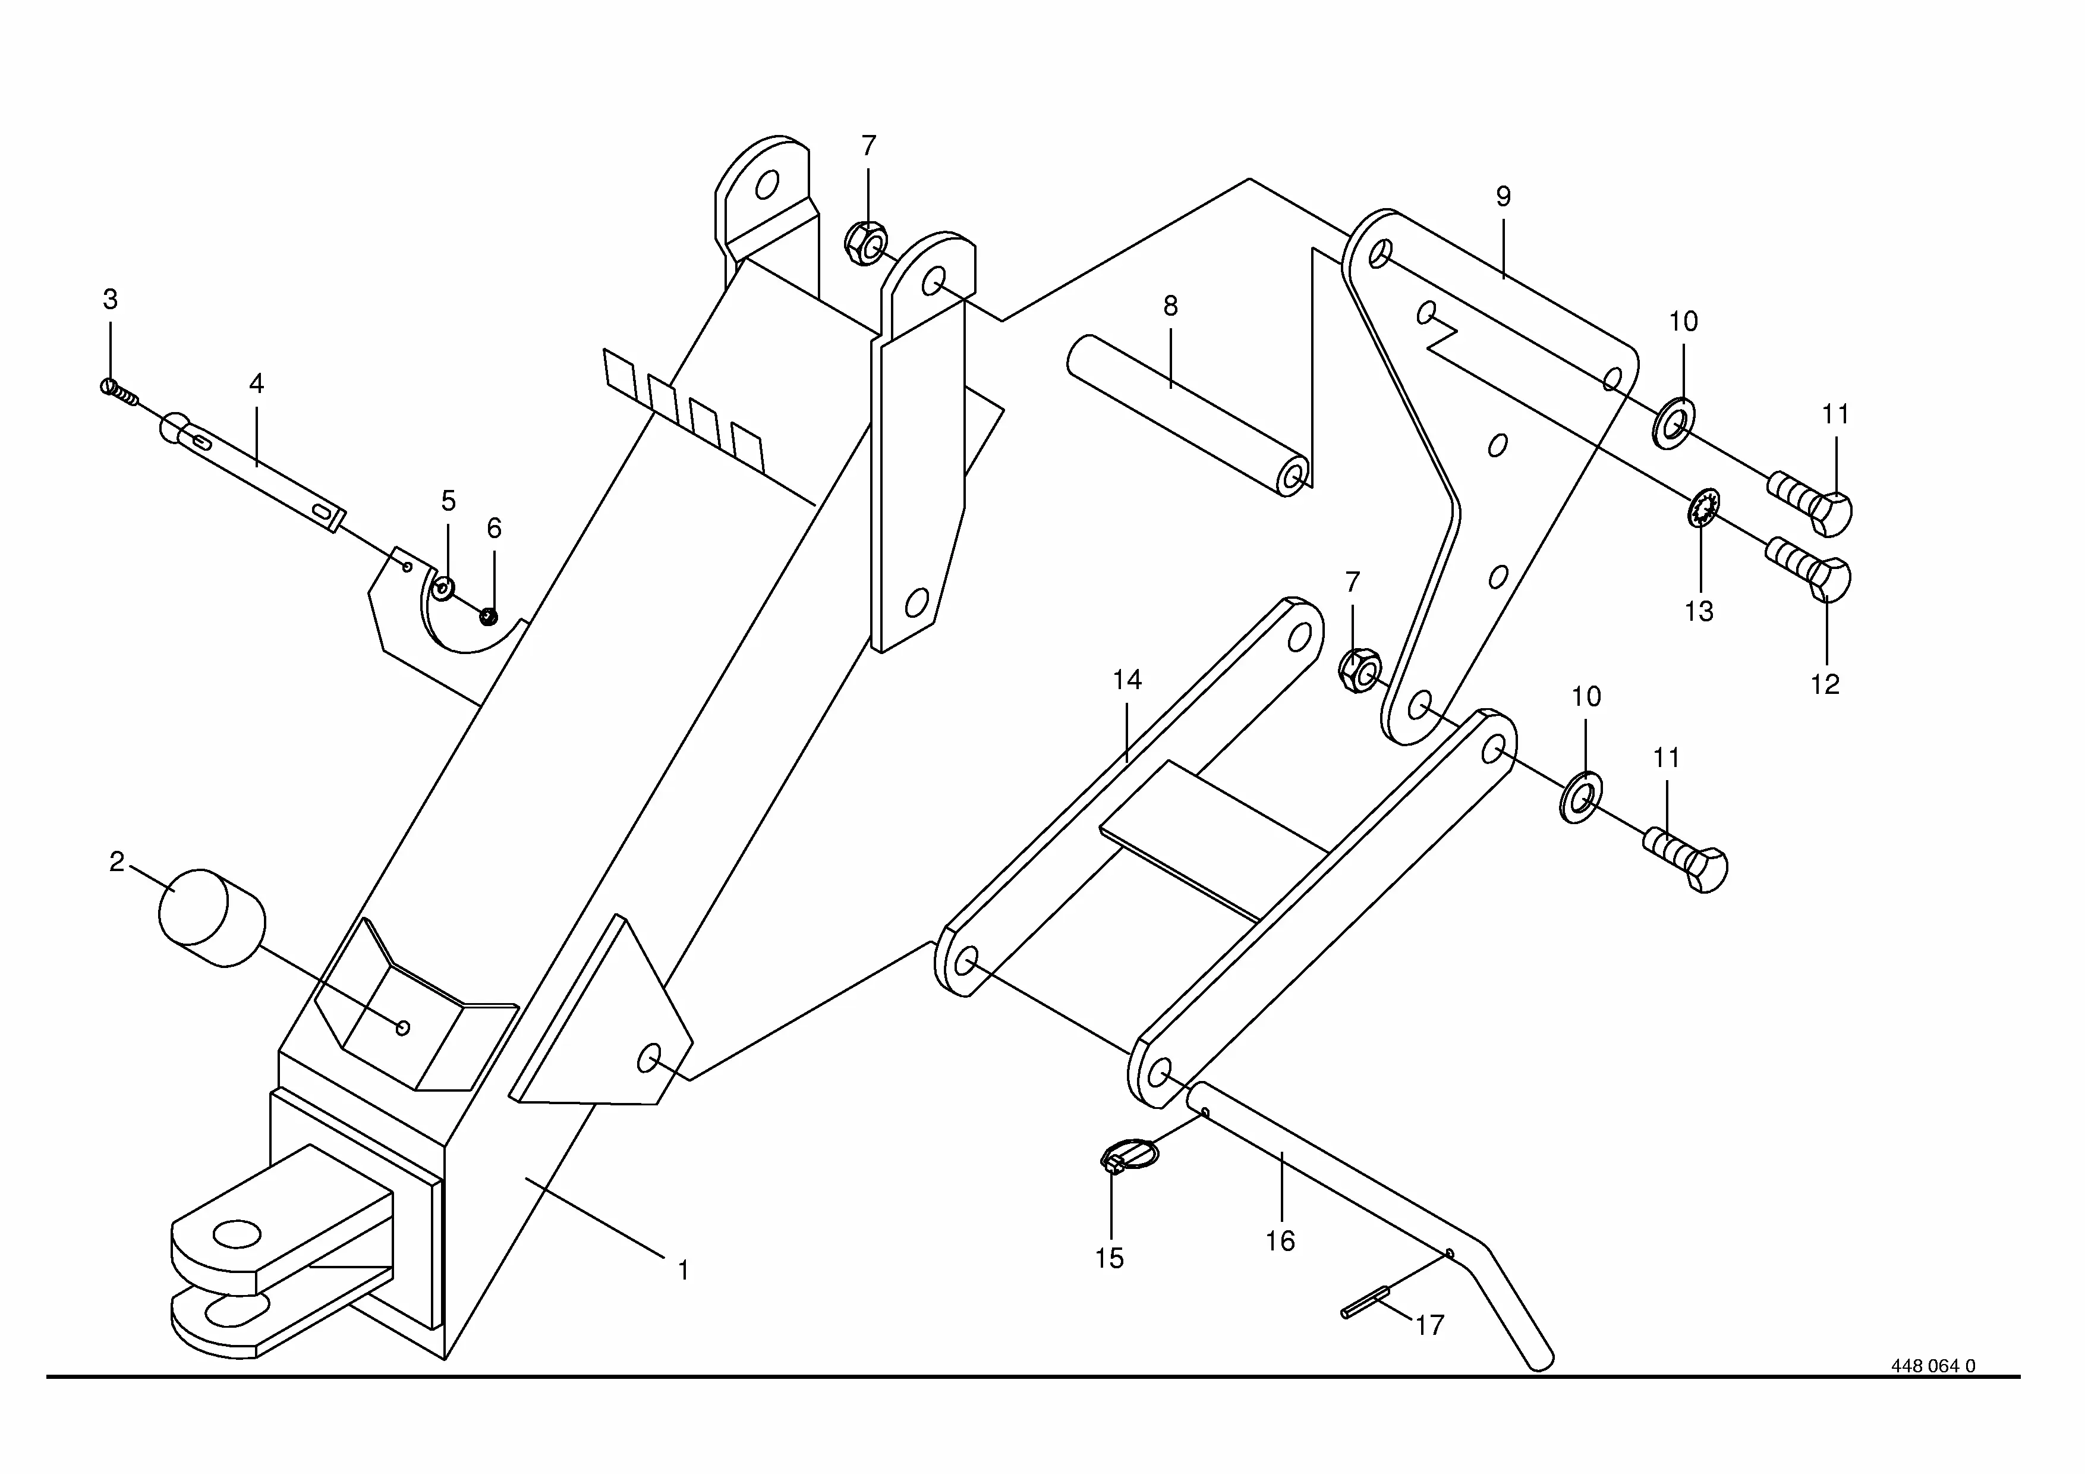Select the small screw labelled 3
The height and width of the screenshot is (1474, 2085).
point(118,391)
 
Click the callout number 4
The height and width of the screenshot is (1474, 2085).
point(257,384)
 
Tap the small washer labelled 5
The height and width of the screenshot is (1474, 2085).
point(444,587)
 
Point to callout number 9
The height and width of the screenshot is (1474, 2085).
point(1503,196)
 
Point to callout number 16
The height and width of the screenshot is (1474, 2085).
point(1280,1242)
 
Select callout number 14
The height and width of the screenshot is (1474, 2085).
point(1127,680)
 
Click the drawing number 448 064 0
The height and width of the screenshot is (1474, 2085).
point(1932,1391)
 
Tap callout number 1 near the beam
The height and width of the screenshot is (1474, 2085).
point(683,1271)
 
